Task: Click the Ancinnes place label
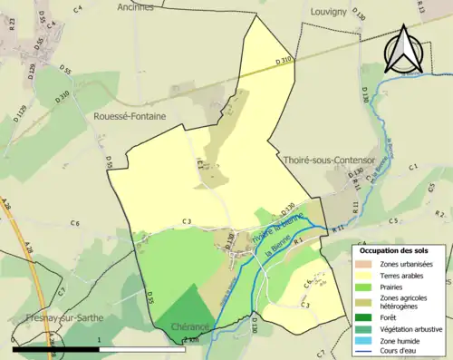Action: click(x=136, y=6)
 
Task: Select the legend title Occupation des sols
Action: click(x=400, y=249)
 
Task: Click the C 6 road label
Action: click(x=75, y=223)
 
